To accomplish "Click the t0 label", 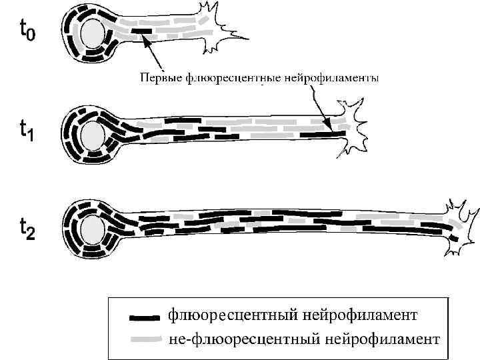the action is coord(27,30).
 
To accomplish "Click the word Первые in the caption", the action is coord(159,79).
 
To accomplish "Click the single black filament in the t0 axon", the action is coord(141,30).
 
